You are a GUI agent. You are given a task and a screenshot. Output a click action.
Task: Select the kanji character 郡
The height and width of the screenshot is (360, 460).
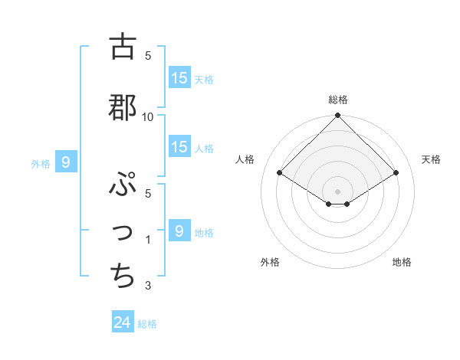(x=123, y=107)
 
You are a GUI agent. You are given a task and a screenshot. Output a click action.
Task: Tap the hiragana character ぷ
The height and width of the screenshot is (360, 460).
(x=123, y=185)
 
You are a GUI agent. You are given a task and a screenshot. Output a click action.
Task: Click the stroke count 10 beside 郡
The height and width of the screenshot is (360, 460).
(x=148, y=116)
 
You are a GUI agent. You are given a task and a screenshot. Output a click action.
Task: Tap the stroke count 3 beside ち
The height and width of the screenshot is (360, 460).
(x=148, y=286)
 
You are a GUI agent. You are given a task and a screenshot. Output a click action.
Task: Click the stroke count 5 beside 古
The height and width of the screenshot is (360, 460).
(x=148, y=55)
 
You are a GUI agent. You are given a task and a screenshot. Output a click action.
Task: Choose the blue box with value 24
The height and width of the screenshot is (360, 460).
(x=123, y=323)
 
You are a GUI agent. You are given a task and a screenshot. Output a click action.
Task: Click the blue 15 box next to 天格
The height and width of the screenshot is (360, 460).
(x=179, y=78)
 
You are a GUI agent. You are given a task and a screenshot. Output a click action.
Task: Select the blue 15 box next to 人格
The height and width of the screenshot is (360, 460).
(x=179, y=147)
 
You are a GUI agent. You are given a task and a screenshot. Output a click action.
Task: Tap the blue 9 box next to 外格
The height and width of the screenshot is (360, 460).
(x=66, y=162)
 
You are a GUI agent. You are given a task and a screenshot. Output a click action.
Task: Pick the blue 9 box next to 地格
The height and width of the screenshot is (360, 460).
(x=179, y=231)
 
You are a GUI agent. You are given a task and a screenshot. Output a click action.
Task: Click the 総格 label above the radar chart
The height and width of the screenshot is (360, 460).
(x=338, y=100)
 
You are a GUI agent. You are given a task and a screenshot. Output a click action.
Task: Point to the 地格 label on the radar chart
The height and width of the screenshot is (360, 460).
(x=402, y=263)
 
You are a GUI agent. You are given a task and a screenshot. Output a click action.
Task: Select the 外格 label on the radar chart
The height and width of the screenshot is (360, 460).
(x=270, y=263)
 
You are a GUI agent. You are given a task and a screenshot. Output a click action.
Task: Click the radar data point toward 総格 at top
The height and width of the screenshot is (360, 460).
(x=337, y=116)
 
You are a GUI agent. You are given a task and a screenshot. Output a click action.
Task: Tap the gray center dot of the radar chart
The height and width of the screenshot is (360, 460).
(x=337, y=190)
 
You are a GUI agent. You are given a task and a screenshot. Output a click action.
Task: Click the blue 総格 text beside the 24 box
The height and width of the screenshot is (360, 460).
(x=147, y=324)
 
